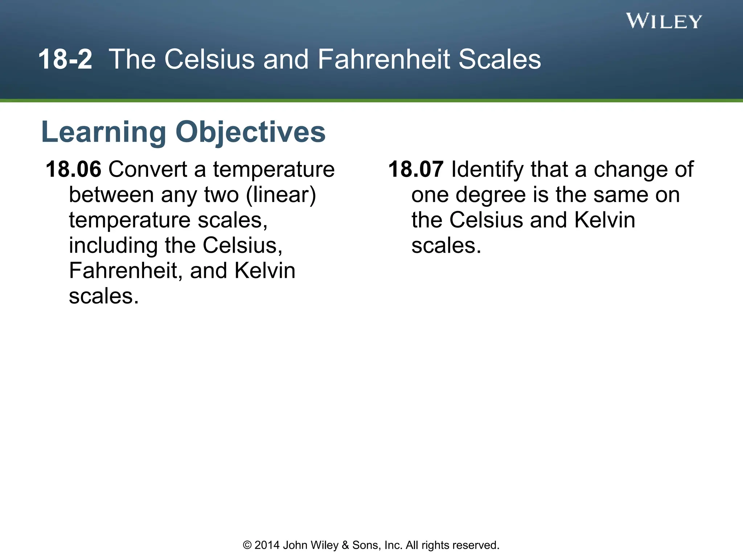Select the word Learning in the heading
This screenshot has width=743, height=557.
tap(104, 132)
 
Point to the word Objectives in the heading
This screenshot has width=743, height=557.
tap(250, 132)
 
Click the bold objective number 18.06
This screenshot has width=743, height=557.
tap(73, 169)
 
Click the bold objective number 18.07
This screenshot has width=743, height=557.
tap(416, 169)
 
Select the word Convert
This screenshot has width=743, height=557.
tap(148, 169)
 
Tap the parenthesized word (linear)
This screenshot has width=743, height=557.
tap(281, 195)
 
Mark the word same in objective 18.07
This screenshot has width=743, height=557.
tap(620, 195)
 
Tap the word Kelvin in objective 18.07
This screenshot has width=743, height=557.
tap(605, 220)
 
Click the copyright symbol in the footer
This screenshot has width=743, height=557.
tap(247, 545)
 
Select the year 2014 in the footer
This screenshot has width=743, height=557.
tap(267, 545)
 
